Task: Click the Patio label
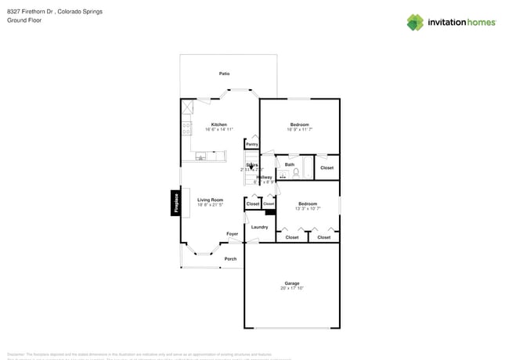(224, 74)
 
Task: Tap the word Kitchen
(219, 124)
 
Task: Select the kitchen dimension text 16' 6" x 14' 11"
(219, 130)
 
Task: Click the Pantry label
(251, 145)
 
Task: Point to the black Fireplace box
(176, 203)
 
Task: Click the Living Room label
(210, 200)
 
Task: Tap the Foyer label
(233, 234)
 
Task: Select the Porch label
(230, 259)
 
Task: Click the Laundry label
(259, 227)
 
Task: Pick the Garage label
(291, 283)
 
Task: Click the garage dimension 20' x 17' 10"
(291, 289)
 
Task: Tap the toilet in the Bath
(297, 174)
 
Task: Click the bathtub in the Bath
(308, 167)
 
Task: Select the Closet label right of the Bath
(327, 167)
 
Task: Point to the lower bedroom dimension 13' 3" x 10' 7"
(306, 209)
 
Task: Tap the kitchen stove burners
(186, 128)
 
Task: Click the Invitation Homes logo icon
(415, 23)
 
